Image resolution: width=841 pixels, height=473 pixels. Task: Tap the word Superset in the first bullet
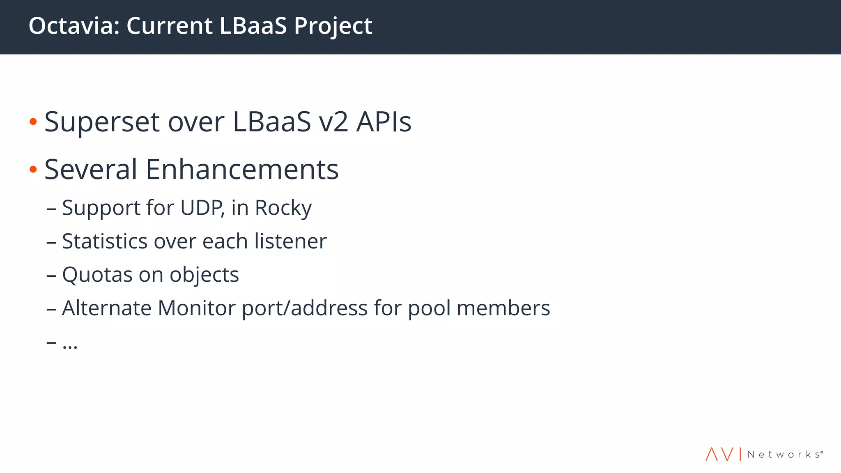click(x=102, y=122)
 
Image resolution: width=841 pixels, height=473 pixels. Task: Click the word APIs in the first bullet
click(x=384, y=122)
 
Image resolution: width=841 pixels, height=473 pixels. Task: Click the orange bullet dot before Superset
click(x=33, y=122)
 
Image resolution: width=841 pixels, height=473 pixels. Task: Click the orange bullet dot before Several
click(x=33, y=169)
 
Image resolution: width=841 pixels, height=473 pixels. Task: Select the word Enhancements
click(x=242, y=169)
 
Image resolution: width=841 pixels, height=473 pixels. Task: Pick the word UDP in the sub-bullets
click(x=202, y=207)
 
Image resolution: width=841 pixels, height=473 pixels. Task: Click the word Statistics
click(x=105, y=241)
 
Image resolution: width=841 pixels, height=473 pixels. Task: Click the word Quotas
click(x=97, y=275)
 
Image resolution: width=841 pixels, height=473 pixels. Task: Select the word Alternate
click(x=107, y=308)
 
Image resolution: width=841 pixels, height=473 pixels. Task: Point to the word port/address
click(x=304, y=308)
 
